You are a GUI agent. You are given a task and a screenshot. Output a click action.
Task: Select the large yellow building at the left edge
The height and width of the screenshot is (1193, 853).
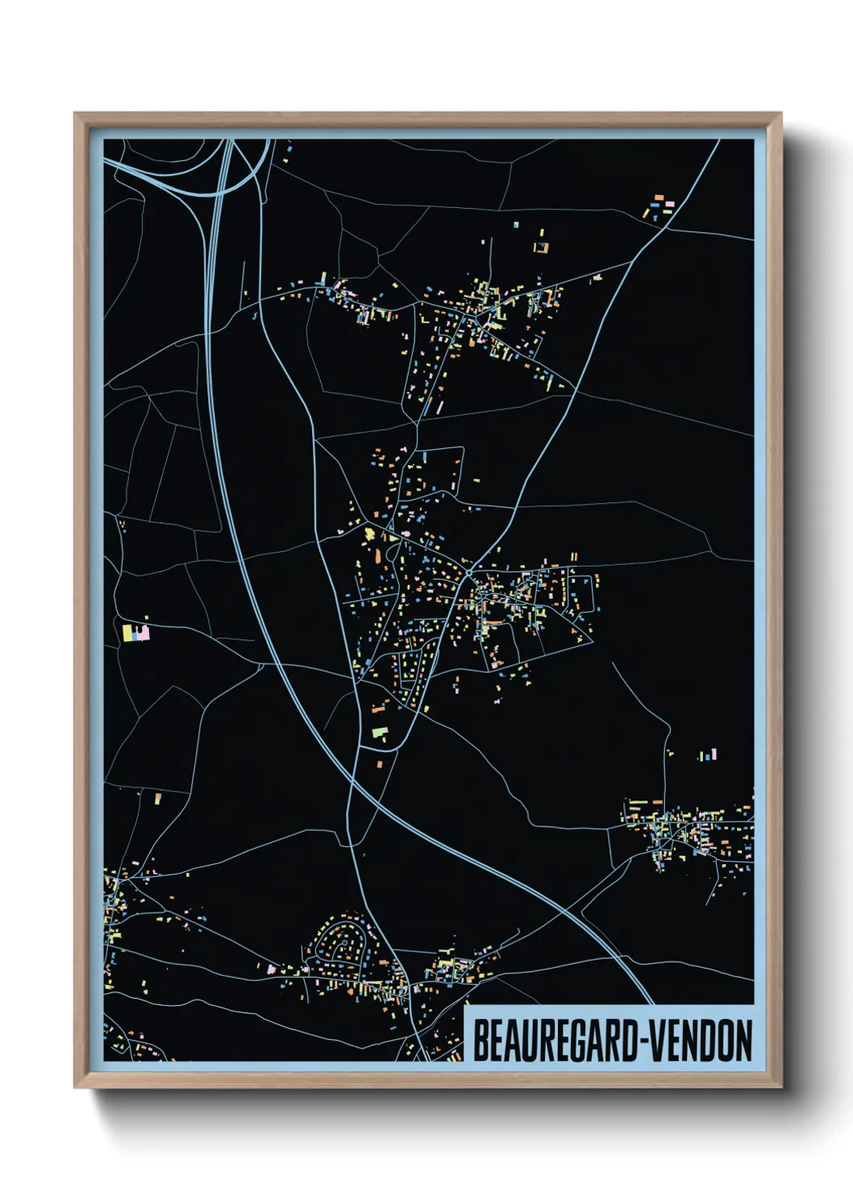[127, 632]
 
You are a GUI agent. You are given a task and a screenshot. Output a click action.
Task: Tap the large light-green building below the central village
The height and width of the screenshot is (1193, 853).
[380, 733]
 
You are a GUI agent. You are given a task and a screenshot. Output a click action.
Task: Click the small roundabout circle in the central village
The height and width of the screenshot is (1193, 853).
[468, 573]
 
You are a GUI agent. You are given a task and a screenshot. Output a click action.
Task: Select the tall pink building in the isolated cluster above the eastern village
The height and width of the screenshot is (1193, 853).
[713, 754]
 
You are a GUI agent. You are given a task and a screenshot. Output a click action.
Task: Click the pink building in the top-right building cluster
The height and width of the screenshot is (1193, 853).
[668, 206]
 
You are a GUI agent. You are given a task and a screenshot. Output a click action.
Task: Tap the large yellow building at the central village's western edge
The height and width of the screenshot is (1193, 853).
[370, 534]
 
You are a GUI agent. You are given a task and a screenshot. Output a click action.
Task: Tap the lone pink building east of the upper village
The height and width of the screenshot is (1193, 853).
[597, 277]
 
